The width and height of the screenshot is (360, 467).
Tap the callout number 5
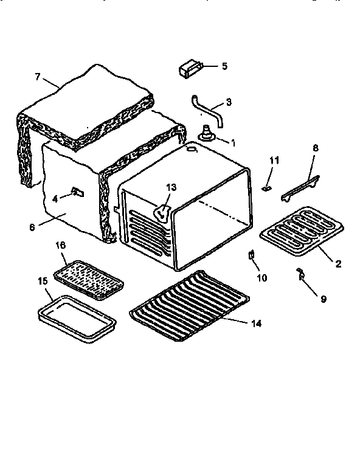(x=224, y=66)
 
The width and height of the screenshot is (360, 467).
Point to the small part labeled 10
(x=251, y=256)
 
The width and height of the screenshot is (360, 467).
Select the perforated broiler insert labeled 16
(x=89, y=275)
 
